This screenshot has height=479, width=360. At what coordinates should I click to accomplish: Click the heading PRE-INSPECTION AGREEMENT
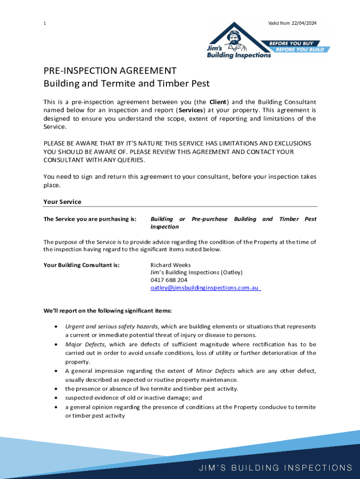(x=110, y=71)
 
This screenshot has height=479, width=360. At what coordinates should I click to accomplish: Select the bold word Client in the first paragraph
(x=218, y=102)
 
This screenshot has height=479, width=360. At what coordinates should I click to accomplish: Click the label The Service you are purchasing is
(x=90, y=219)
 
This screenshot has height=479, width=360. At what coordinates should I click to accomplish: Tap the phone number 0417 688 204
(x=169, y=280)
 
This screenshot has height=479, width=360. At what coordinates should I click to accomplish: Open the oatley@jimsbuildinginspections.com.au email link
(x=205, y=288)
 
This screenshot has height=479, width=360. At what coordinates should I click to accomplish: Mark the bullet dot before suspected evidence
(x=57, y=398)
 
